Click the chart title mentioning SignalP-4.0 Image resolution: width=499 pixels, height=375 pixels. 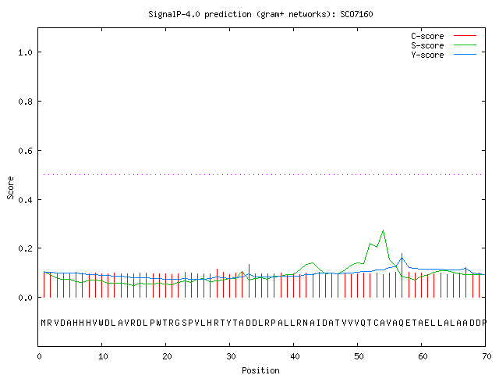pos(260,14)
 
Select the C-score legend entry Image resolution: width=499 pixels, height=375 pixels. pos(444,36)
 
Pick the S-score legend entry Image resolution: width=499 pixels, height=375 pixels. pos(444,45)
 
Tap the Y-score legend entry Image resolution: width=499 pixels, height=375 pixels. pos(444,55)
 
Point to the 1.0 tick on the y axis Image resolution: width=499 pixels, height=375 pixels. pos(25,52)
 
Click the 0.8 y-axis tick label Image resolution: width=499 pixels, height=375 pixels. pos(25,102)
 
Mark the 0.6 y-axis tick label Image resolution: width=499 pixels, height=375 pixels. pos(25,151)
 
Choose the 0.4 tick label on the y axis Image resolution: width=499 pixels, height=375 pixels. pos(25,200)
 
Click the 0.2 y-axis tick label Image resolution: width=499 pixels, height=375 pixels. pos(25,248)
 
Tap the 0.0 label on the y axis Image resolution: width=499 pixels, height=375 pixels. pos(25,298)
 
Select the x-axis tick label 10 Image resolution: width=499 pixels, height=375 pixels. pos(103,356)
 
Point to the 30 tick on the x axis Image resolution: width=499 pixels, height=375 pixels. pos(231,356)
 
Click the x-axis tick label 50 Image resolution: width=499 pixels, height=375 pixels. pos(359,356)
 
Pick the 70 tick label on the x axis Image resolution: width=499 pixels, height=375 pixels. pos(487,356)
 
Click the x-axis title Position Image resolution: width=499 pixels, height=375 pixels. pos(260,370)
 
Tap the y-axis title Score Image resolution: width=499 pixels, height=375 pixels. pos(10,187)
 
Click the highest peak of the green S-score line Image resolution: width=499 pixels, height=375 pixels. pos(383,230)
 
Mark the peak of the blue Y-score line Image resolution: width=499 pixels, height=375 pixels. pos(402,258)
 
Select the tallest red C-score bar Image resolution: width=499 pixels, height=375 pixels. pos(402,275)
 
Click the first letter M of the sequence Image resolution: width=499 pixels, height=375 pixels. pos(44,323)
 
